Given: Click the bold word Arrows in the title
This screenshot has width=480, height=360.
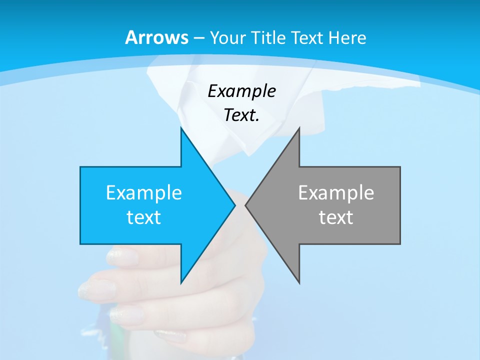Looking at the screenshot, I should tap(157, 37).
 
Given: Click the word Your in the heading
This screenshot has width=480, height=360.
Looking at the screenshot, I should tap(226, 38).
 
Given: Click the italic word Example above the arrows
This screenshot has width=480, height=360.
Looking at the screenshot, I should tap(242, 91).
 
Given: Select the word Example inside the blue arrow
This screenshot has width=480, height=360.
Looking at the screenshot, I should tap(144, 193).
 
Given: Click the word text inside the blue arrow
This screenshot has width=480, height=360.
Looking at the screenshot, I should tap(144, 217).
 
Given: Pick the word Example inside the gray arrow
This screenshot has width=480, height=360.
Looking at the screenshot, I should tap(336, 193).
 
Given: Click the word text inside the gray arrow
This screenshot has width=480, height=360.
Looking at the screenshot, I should tap(336, 217).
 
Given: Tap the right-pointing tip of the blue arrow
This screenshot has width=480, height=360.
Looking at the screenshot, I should tap(234, 205).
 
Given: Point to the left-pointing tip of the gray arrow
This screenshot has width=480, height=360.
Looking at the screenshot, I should tap(245, 205).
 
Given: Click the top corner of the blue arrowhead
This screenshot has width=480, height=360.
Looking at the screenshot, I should tap(181, 128).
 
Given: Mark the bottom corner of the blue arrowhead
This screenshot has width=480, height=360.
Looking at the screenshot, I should tap(181, 283).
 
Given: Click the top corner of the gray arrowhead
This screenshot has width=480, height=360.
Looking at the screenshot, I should tap(299, 128).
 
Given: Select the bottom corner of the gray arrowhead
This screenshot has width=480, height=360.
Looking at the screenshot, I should tap(299, 283).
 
